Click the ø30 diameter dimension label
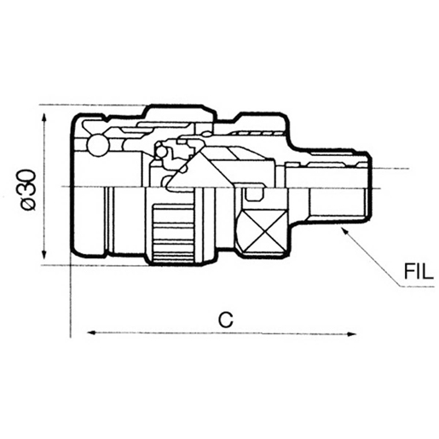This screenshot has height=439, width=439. tap(29, 190)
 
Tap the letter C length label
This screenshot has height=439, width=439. tap(226, 319)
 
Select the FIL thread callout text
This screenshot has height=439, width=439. tap(419, 271)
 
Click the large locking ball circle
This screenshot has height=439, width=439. tap(98, 145)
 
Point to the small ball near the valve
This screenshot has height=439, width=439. tap(161, 152)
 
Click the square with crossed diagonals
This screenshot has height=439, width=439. tap(265, 231)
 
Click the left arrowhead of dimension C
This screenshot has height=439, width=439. tap(91, 332)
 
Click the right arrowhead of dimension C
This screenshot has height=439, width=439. tap(351, 334)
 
